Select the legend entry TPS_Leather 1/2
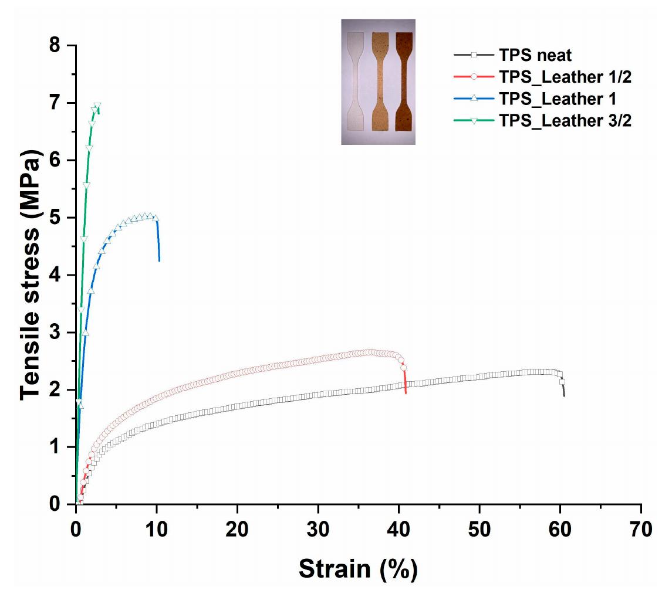coord(564,77)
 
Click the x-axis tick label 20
coord(237,530)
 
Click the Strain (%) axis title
coord(358,568)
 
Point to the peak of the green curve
coord(97,106)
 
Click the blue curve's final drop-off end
coord(159,260)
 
